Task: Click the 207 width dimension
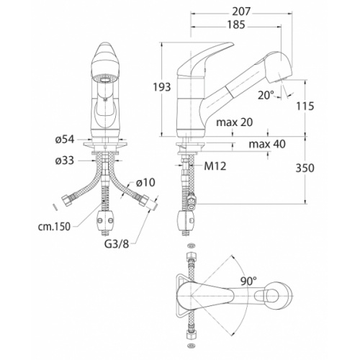point(241,12)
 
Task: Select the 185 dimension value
point(236,24)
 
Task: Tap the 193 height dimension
point(162,87)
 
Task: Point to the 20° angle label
point(266,95)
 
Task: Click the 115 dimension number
point(305,106)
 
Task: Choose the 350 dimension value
point(305,168)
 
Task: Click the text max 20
point(235,122)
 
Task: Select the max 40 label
point(267,144)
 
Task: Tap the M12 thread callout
point(215,166)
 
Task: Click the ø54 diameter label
point(65,139)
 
